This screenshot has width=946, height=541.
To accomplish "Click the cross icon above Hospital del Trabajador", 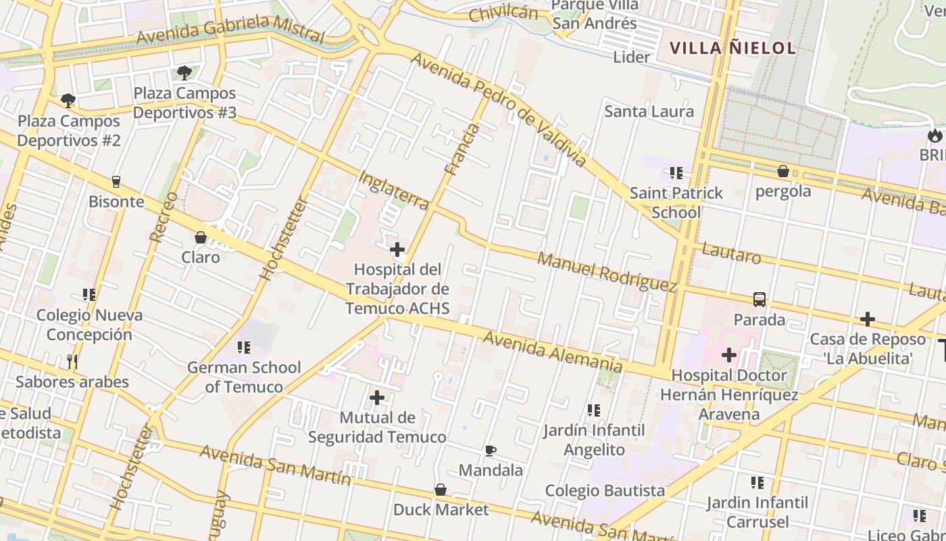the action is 397,250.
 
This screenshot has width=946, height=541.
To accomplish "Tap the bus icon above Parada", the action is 760,300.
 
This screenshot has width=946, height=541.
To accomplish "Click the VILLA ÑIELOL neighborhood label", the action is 732,48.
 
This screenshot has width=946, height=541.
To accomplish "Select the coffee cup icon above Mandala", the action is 491,450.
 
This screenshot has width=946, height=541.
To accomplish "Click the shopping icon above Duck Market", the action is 441,490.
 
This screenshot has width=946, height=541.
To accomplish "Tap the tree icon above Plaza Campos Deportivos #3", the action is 184,73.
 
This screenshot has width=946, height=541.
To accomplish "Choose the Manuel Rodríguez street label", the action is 607,272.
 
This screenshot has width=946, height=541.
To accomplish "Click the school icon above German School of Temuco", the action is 244,348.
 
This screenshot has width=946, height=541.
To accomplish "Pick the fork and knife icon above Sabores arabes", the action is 72,362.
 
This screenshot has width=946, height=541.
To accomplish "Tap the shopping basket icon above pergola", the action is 783,171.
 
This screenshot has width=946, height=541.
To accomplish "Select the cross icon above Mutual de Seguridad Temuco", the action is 377,398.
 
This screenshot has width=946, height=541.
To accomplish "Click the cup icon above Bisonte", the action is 116,182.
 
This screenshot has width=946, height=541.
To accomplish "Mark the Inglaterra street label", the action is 393,190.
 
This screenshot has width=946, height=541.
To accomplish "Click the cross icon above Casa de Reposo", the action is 868,319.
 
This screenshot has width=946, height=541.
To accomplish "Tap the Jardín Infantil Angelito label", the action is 594,440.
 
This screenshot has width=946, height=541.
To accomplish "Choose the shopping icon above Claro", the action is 201,237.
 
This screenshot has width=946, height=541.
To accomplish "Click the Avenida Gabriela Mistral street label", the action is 230,30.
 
